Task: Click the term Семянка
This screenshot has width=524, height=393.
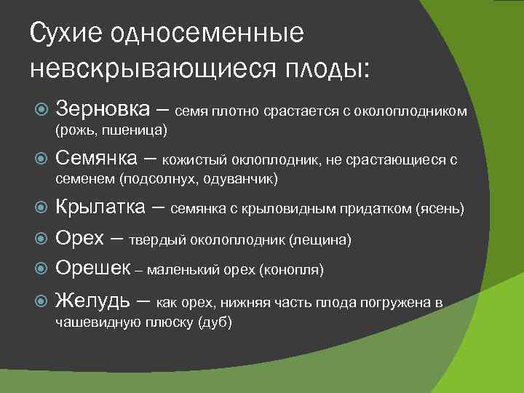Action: [106, 158]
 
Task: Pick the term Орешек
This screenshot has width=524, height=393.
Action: [92, 269]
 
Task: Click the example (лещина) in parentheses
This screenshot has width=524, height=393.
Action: [319, 240]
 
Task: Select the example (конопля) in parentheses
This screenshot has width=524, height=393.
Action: [291, 270]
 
